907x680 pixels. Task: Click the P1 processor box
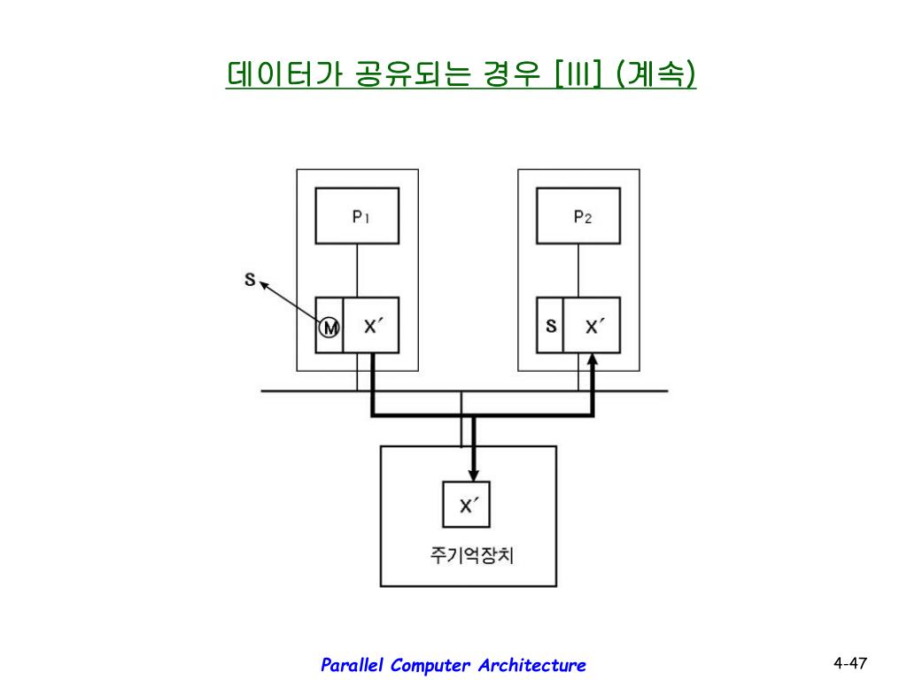pos(357,216)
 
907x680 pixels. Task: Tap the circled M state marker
pos(329,328)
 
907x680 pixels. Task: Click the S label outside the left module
pos(250,281)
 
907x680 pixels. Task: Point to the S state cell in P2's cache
pos(551,326)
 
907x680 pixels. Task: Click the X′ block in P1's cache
pos(372,326)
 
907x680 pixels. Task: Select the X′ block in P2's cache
pos(593,326)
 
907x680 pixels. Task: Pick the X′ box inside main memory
pos(467,505)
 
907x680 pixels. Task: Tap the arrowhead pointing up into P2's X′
pos(593,362)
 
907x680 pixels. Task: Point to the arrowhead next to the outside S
pos(265,286)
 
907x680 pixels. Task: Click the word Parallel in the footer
pos(351,666)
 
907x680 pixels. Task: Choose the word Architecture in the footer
pos(531,666)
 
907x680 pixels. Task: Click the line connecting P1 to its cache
pos(357,269)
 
